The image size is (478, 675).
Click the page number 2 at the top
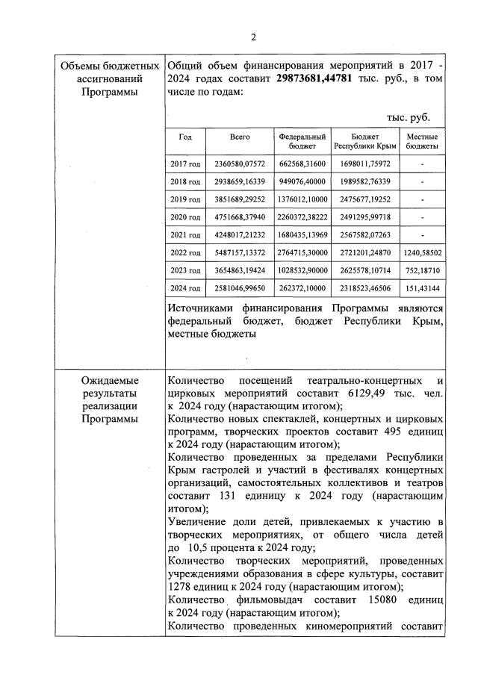pos(253,38)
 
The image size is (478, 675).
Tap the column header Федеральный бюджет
pos(302,142)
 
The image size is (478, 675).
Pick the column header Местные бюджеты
pos(422,142)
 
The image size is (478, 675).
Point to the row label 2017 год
pos(185,164)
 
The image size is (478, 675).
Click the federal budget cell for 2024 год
pos(302,288)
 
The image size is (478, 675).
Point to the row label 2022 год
pos(185,252)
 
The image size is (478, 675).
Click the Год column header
pos(185,137)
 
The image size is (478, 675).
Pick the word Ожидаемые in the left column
pos(111,379)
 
